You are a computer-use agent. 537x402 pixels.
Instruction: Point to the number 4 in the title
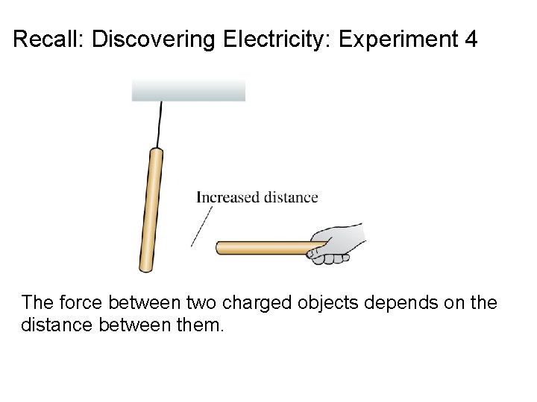(470, 39)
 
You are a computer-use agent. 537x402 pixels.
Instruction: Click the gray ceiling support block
(188, 90)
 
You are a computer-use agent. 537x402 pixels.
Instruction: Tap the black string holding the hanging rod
(160, 124)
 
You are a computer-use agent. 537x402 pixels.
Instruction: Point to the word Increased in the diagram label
(227, 197)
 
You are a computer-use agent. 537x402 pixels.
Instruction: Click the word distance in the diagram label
(291, 197)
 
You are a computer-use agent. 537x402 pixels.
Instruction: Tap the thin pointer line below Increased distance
(201, 226)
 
